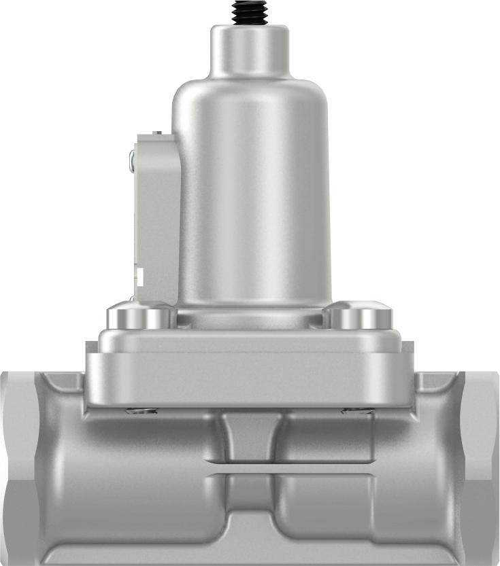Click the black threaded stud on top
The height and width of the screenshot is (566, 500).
point(250,12)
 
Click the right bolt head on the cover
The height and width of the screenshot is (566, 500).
point(359,317)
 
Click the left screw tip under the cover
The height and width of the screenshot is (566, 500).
point(142,410)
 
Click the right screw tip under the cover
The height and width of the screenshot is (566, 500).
point(356,410)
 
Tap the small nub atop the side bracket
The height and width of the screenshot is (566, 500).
point(156,132)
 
